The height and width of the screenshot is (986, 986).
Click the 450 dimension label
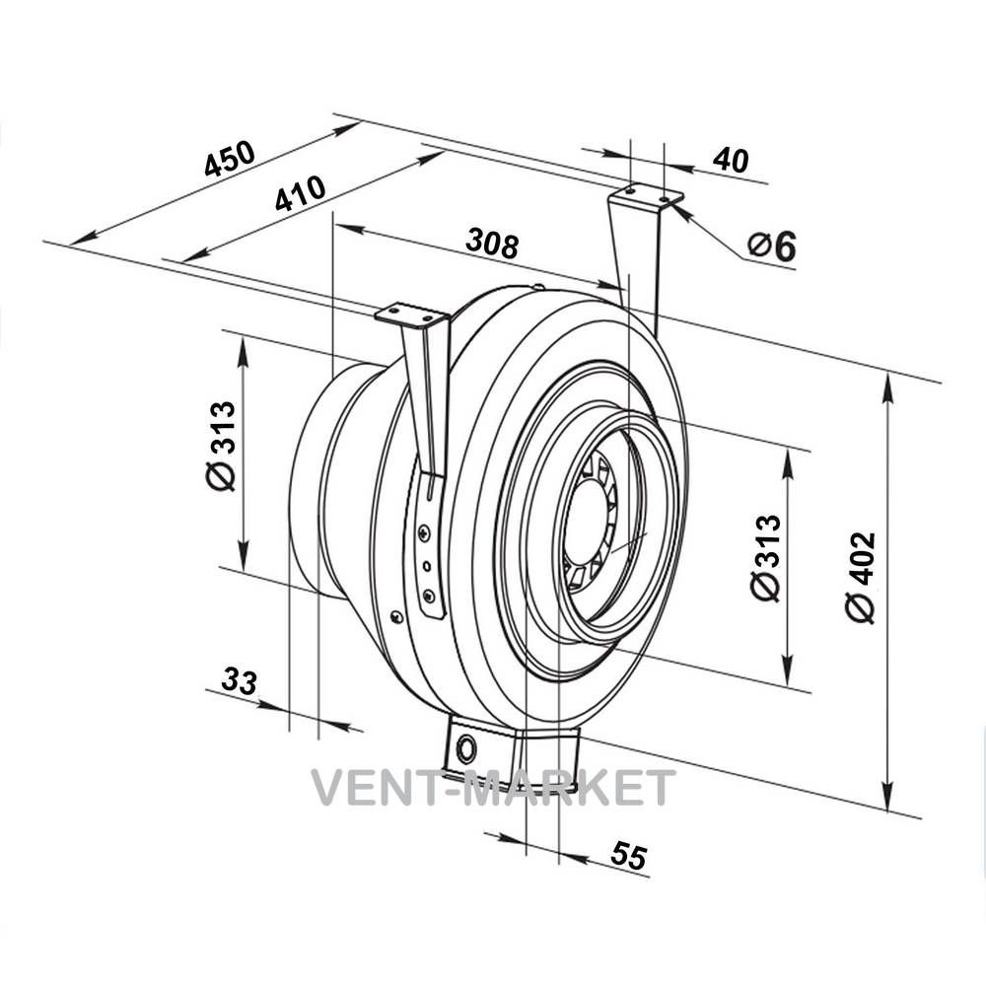coord(230,158)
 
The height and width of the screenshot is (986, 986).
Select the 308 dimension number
coord(493,243)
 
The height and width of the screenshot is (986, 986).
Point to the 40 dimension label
coord(731,160)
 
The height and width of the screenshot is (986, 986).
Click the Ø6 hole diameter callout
coord(772,246)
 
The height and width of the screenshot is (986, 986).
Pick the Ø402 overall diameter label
coord(861,578)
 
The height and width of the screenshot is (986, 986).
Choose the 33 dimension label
coord(240,681)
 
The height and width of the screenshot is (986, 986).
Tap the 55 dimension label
coord(628,856)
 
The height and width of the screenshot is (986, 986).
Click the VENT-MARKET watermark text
coord(494,787)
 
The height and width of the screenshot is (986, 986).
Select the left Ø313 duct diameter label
coord(221,447)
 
